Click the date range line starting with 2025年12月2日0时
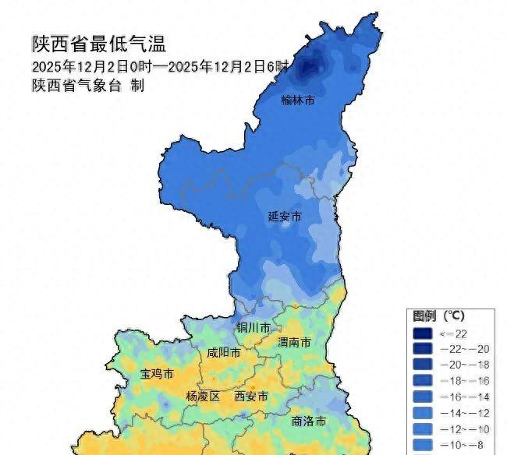point(160,65)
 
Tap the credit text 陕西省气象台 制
point(87,86)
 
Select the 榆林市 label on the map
point(297,101)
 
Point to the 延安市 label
point(284,216)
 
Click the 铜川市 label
point(254,327)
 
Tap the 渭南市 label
point(294,342)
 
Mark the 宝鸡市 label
point(156,375)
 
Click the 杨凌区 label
point(203,397)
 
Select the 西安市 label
point(251,397)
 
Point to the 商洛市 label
point(308,421)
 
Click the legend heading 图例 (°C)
point(438,316)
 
